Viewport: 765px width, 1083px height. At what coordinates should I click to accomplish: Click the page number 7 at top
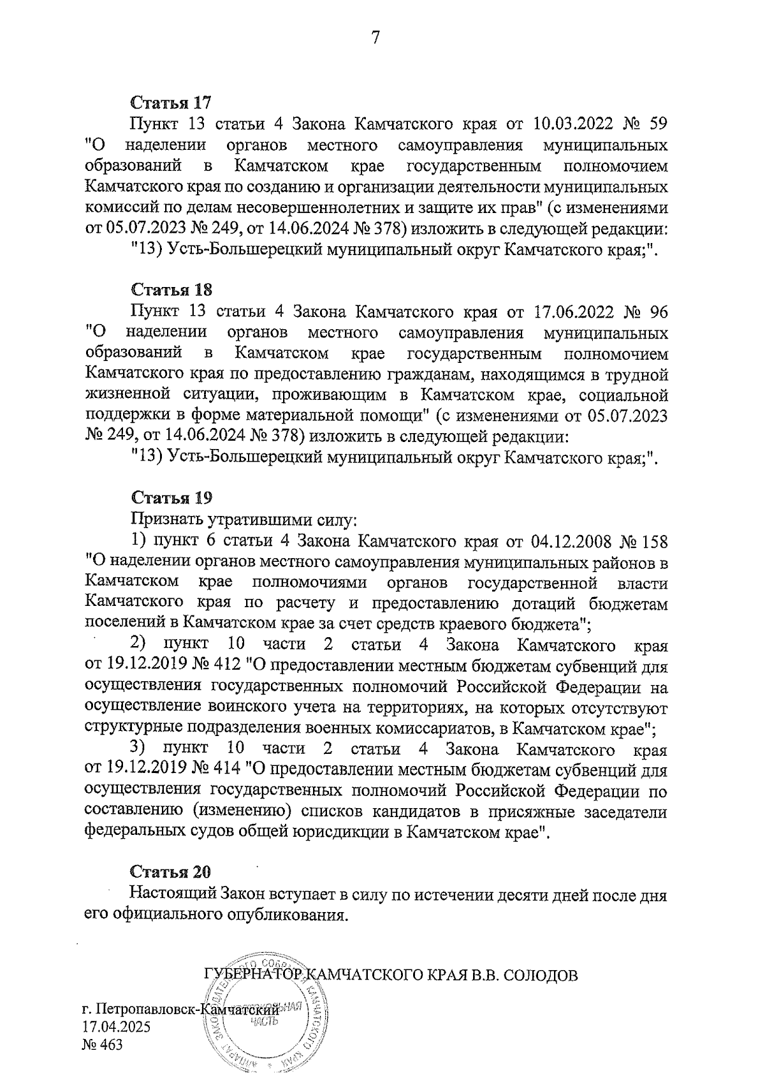[375, 38]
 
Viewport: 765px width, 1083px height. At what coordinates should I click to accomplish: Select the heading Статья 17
[171, 103]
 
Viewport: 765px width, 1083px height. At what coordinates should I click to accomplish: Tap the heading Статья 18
[171, 290]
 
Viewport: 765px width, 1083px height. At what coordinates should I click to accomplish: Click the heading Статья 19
[171, 499]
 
